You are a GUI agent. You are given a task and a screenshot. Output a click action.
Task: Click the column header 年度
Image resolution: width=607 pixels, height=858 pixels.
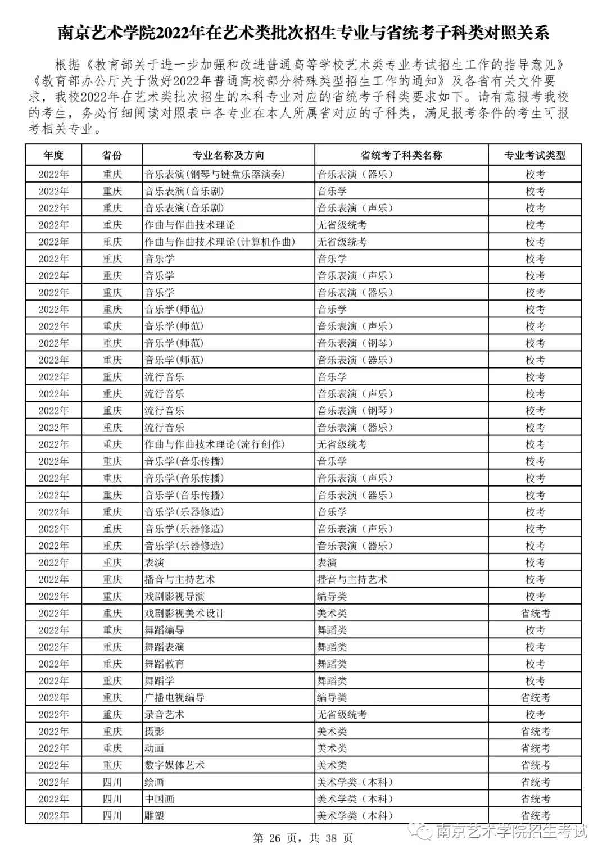53,155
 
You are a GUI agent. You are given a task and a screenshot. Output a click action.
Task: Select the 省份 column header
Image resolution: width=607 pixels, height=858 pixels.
112,155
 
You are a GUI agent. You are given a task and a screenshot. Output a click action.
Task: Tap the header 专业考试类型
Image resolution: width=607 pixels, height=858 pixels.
534,155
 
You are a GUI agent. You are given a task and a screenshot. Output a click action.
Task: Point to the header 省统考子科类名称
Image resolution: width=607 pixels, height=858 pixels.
401,155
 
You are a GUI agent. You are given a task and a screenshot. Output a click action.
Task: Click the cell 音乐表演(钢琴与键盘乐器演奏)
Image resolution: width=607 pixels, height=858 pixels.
215,174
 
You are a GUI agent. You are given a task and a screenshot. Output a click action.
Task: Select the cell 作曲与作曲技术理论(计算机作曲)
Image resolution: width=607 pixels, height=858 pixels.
220,242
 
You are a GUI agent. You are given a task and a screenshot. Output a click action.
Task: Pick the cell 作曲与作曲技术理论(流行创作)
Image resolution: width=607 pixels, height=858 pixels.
215,444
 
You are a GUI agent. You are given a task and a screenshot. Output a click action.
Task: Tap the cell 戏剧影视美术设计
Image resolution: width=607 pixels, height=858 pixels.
184,613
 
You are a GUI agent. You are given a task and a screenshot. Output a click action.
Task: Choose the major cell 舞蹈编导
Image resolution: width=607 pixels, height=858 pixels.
165,630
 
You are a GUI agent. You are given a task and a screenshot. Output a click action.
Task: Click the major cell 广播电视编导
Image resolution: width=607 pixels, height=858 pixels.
175,698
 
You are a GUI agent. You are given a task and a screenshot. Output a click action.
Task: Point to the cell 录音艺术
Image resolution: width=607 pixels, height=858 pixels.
165,715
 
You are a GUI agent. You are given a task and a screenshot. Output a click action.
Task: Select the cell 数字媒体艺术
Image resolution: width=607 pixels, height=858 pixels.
175,765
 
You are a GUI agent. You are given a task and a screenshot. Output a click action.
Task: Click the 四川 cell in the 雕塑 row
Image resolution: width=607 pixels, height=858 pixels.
112,816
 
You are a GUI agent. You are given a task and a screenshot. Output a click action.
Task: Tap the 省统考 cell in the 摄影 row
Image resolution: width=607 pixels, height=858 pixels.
535,732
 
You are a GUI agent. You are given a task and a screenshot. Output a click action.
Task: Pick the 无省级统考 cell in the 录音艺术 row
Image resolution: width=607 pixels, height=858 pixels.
342,715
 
